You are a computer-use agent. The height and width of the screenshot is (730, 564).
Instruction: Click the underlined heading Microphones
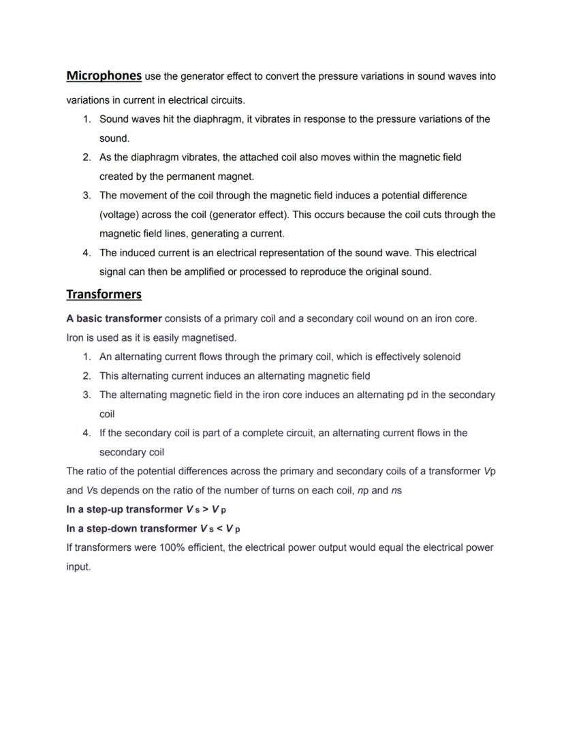[104, 76]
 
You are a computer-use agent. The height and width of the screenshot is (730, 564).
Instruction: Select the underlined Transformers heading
[104, 294]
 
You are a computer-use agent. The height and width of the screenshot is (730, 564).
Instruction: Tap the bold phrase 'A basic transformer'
[114, 318]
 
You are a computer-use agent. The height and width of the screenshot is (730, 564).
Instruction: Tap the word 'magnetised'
[208, 337]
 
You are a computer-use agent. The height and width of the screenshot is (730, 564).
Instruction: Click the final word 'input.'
[78, 566]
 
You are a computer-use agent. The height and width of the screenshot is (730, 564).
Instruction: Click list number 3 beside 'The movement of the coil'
[87, 196]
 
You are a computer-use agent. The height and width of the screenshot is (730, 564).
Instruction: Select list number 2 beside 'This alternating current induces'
[87, 376]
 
